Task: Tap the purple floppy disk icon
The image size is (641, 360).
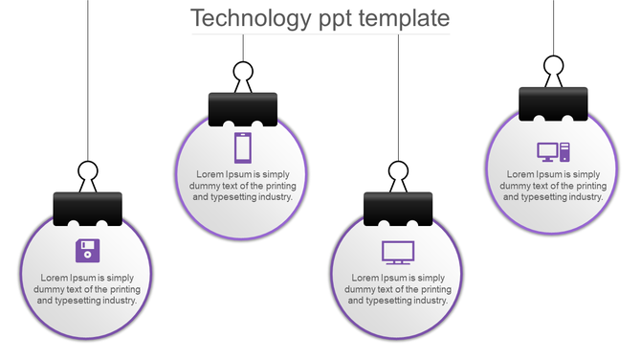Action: click(88, 251)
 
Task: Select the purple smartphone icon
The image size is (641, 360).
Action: click(243, 147)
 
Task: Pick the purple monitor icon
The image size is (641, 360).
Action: click(398, 252)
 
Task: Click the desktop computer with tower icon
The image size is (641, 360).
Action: click(553, 150)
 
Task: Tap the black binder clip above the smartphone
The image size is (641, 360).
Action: click(243, 109)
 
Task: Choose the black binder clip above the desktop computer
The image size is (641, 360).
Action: click(553, 103)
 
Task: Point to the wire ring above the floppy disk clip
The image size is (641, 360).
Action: click(88, 173)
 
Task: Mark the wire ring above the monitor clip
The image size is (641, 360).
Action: click(398, 172)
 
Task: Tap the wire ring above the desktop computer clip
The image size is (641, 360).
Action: click(553, 66)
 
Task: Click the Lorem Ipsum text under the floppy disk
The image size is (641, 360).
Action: click(87, 288)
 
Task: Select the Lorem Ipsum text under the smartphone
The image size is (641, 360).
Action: click(243, 186)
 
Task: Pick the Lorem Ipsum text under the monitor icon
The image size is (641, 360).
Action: click(398, 288)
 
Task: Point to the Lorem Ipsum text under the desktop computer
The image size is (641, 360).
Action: click(553, 186)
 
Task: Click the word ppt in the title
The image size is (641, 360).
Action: click(336, 19)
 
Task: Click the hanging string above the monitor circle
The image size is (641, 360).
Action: click(398, 96)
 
